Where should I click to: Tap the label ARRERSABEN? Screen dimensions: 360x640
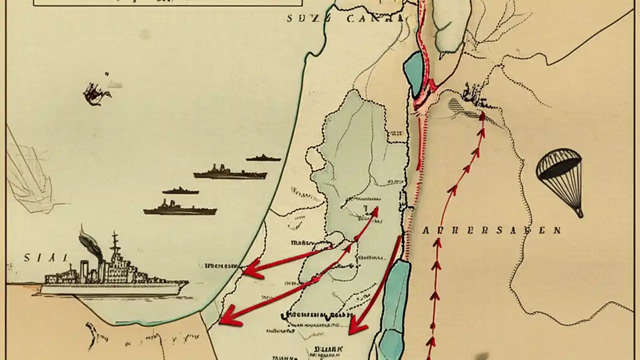click(491, 230)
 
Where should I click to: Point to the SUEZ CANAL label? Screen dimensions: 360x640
click(345, 18)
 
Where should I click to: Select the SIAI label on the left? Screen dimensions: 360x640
click(45, 258)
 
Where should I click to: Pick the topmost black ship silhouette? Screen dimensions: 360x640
click(263, 158)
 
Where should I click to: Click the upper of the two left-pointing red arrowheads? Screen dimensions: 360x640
click(252, 269)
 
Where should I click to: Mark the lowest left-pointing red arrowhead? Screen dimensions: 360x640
click(228, 315)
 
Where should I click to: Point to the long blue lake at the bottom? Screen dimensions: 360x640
click(395, 305)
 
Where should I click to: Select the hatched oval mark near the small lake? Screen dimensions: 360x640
click(457, 106)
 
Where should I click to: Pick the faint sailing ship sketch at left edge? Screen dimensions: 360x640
click(27, 172)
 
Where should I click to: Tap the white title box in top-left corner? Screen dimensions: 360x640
click(167, 2)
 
